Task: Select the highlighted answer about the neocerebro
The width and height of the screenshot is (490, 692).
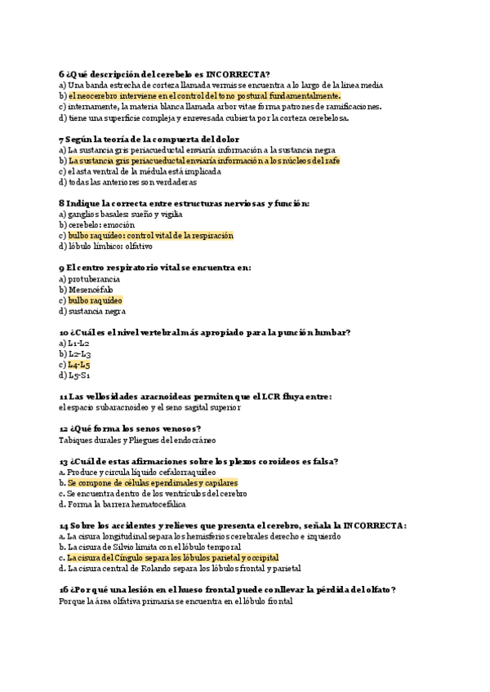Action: [x=203, y=95]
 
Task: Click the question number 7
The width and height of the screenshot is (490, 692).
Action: [x=62, y=139]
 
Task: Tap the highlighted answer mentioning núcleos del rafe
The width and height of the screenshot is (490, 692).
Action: [x=203, y=161]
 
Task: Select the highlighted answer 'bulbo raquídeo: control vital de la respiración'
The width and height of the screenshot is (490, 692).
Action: [x=151, y=236]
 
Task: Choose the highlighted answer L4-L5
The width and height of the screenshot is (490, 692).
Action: [x=79, y=365]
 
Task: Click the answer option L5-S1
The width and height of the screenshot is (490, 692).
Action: [x=79, y=375]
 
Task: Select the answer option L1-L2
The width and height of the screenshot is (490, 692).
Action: [x=79, y=343]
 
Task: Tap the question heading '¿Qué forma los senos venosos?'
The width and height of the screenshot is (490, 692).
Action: [x=136, y=428]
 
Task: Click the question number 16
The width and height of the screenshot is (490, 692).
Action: [x=65, y=589]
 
